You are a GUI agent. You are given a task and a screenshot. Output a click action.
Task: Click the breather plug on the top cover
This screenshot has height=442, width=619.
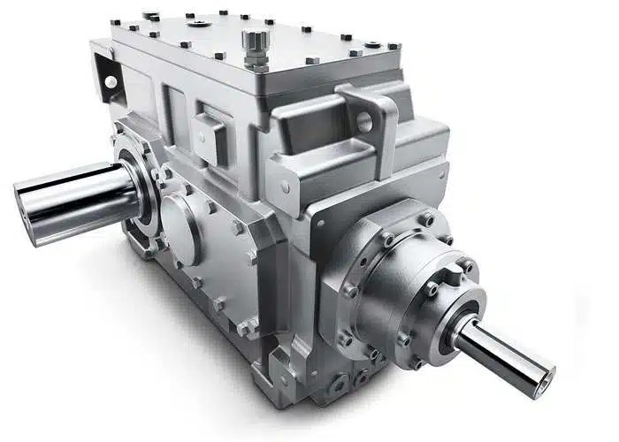click(255, 42)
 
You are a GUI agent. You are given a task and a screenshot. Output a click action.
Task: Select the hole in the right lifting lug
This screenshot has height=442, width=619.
click(363, 121)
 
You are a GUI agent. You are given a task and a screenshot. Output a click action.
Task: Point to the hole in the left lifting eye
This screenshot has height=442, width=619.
click(111, 81)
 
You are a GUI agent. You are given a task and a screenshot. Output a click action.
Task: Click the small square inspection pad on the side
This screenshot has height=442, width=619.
click(210, 133)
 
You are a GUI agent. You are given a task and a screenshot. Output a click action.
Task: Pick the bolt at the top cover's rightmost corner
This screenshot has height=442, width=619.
click(394, 47)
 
